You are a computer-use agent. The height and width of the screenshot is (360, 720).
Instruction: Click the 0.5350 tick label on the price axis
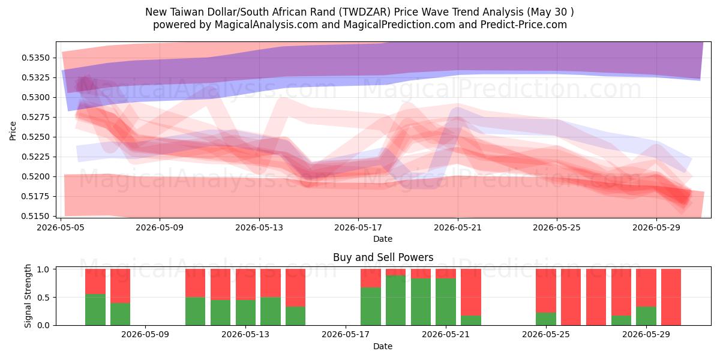click(x=36, y=58)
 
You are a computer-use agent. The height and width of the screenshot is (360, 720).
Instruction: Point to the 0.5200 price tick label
click(x=36, y=176)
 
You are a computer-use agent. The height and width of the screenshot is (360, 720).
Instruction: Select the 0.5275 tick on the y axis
click(x=36, y=118)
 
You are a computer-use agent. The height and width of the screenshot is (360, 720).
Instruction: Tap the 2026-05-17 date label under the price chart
click(x=358, y=227)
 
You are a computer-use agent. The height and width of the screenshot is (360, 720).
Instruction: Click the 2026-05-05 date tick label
click(x=61, y=227)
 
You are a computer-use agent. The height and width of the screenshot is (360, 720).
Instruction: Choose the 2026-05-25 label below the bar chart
click(x=546, y=334)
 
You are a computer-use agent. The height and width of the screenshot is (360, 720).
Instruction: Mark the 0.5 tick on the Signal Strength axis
click(x=43, y=298)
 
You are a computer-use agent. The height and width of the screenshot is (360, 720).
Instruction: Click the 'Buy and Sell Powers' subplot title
click(x=383, y=257)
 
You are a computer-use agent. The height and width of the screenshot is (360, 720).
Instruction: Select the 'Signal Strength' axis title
click(x=28, y=296)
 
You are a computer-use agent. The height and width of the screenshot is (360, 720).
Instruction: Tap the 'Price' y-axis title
click(x=13, y=131)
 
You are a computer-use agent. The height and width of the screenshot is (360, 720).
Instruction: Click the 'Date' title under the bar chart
click(x=383, y=346)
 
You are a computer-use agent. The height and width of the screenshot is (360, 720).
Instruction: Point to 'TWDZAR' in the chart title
click(x=364, y=12)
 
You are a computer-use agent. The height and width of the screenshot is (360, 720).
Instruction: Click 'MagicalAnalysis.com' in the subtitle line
click(x=266, y=25)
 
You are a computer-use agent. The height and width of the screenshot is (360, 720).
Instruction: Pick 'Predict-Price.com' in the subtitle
click(x=524, y=25)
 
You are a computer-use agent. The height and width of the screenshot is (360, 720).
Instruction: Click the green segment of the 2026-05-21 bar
click(x=445, y=302)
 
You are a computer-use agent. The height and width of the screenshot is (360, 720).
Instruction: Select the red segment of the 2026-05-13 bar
click(x=245, y=284)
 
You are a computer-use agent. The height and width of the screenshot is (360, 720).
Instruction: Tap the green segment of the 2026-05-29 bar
click(x=646, y=316)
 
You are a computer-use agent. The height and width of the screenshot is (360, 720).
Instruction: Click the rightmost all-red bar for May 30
click(x=671, y=297)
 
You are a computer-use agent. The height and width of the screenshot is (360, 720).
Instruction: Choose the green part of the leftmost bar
click(x=95, y=310)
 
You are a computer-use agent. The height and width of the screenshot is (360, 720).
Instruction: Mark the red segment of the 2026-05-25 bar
click(x=546, y=290)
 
